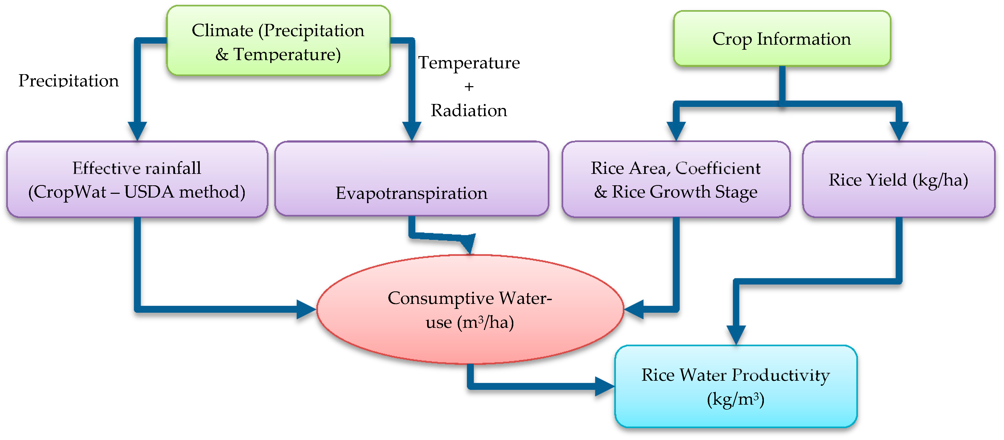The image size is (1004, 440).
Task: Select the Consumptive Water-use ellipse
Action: point(470,310)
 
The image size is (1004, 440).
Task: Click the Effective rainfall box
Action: point(137,179)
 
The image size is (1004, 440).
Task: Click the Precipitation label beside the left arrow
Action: point(69,81)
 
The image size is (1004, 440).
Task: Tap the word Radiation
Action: point(469,111)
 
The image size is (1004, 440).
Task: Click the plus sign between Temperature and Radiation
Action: point(469,86)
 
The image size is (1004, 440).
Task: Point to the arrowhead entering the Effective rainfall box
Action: point(137,131)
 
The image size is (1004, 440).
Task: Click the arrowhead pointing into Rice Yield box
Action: point(899,131)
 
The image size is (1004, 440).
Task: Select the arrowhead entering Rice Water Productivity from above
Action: point(736,335)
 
